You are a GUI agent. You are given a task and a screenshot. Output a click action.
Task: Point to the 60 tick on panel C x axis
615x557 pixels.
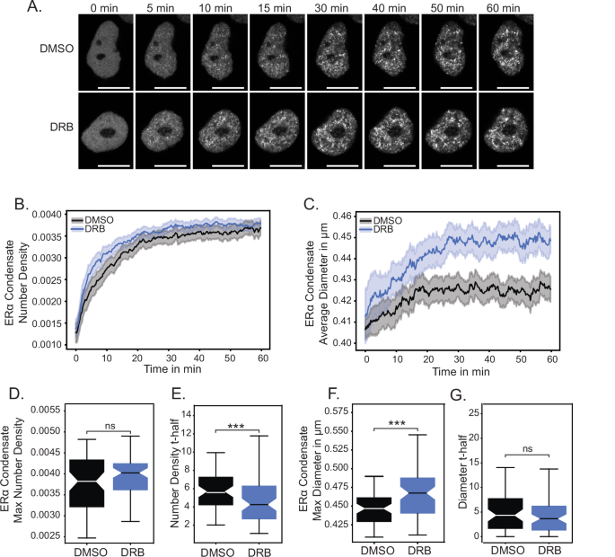click(549, 357)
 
